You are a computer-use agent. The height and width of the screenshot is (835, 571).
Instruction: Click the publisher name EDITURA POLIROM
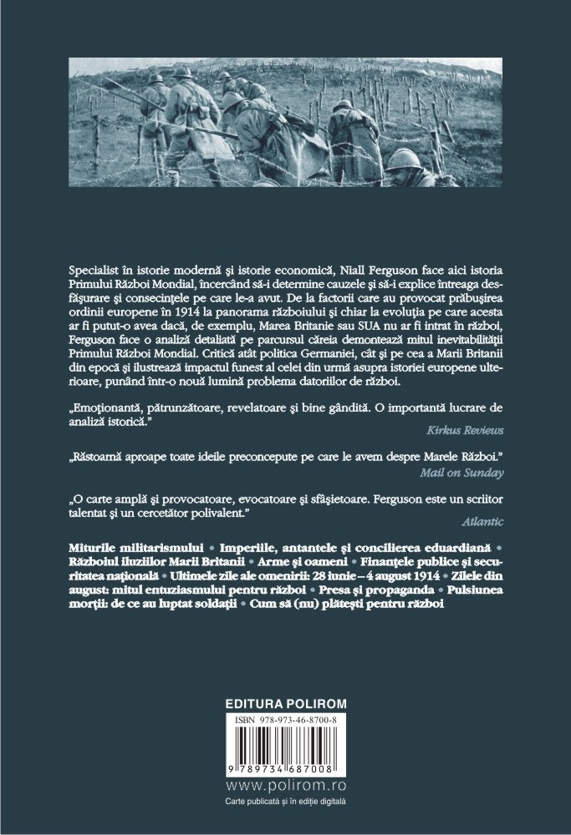click(x=286, y=680)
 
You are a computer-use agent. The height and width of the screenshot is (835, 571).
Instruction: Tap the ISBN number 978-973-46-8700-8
click(x=287, y=696)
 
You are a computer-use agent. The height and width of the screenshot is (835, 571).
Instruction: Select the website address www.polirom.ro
click(x=286, y=787)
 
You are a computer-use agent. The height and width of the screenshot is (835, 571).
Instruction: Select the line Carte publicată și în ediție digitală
click(x=285, y=802)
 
